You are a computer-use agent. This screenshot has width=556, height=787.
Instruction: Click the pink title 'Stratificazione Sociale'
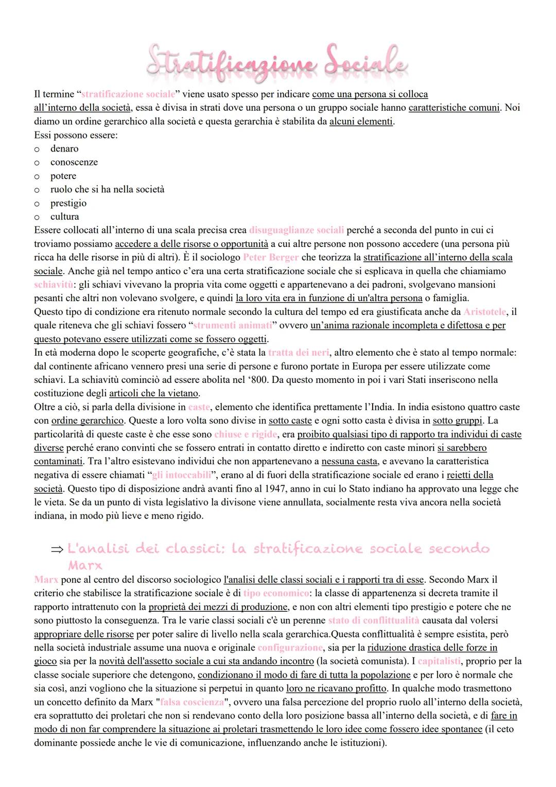click(x=277, y=64)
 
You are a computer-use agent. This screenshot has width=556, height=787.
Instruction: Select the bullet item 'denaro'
click(x=64, y=149)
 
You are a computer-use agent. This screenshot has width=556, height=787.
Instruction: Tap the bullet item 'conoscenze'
click(x=74, y=162)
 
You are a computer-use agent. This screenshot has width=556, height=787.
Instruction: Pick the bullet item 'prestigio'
click(x=68, y=203)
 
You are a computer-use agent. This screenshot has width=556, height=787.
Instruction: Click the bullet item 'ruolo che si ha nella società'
click(x=107, y=190)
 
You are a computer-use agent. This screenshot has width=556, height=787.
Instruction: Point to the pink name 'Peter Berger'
click(x=271, y=257)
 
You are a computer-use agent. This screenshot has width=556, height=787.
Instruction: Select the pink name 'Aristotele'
click(x=484, y=312)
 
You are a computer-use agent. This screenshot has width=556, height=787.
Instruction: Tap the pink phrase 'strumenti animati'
click(x=232, y=325)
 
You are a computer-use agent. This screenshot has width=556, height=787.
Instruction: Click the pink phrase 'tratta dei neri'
click(x=299, y=353)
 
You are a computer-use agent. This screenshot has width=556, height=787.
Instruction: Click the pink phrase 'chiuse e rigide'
click(x=246, y=434)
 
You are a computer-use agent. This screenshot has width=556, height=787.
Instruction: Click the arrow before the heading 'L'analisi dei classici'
click(x=57, y=550)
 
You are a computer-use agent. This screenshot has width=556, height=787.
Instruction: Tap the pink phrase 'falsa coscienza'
click(x=192, y=702)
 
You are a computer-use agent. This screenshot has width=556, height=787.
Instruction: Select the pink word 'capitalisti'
click(x=439, y=661)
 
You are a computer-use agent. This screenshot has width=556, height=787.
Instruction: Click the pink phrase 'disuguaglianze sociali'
click(x=297, y=230)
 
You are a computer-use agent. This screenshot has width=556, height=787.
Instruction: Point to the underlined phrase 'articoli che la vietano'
click(x=153, y=393)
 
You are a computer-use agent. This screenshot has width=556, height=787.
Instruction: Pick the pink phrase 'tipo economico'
click(x=276, y=593)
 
